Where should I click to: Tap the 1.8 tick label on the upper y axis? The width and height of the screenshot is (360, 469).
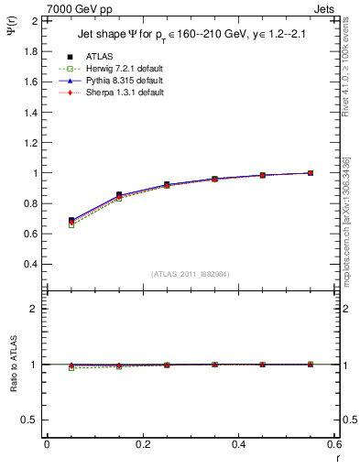30,51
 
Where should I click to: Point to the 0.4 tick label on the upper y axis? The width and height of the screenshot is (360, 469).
30,264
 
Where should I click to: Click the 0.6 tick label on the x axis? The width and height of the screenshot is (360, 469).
334,444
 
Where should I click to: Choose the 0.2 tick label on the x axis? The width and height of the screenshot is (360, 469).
142,444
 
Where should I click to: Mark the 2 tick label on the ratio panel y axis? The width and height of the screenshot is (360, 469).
35,309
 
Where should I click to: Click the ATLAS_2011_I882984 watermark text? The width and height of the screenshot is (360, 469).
190,274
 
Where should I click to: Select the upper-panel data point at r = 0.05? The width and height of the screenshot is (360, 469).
71,221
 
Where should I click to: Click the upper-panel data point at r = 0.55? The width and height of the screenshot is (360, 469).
311,173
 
